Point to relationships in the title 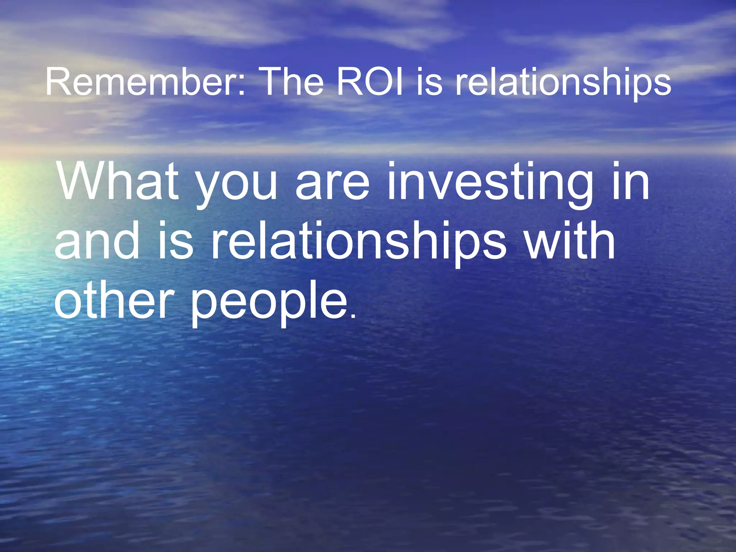(563, 84)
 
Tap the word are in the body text (332, 185)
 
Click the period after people (353, 316)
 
